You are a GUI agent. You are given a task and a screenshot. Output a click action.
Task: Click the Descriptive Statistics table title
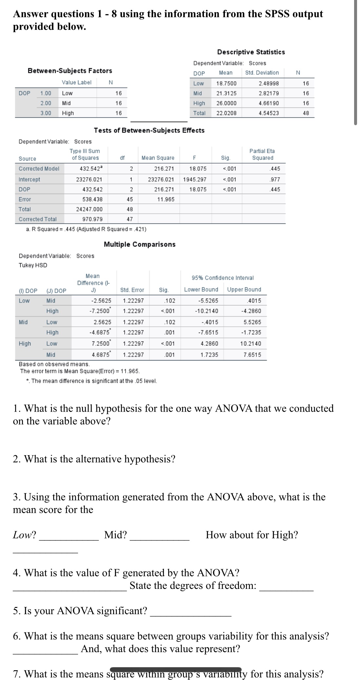tap(251, 52)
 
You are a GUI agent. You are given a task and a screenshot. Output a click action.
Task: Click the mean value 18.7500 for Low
tap(226, 84)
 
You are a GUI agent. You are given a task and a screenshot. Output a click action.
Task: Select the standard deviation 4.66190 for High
tap(269, 103)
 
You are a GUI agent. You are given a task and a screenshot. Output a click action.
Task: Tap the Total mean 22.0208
tap(226, 113)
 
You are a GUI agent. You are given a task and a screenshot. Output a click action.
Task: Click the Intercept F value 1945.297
tap(194, 179)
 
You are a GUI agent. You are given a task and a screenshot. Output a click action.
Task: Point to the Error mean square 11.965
tap(166, 199)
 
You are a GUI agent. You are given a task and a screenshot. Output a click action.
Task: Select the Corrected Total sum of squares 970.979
tap(92, 219)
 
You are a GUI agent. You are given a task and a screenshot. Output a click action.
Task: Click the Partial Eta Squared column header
tap(262, 154)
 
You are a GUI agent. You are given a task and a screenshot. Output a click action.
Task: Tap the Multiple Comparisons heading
tap(140, 244)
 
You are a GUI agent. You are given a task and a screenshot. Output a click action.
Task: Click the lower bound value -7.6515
tap(208, 332)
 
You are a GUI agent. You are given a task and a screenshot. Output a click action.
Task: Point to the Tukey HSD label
tap(33, 265)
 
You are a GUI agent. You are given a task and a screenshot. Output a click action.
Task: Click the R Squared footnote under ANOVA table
tap(86, 229)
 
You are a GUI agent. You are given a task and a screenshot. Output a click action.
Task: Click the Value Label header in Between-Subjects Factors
tap(77, 83)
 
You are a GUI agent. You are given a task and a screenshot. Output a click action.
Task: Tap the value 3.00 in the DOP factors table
tap(46, 113)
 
